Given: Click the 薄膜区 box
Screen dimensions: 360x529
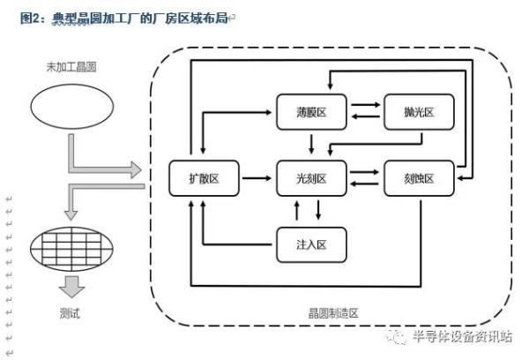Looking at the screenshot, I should point(311,111).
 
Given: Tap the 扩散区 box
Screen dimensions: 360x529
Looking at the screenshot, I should point(205,178).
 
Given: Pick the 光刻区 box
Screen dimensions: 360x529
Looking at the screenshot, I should point(311,178).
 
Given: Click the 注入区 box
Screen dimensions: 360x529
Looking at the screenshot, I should point(311,243).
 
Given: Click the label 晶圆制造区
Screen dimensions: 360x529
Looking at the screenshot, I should point(339,313).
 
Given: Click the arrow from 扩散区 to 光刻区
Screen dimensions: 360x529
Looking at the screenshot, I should point(257,178).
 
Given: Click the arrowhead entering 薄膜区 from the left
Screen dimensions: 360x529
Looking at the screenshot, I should point(272,112).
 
